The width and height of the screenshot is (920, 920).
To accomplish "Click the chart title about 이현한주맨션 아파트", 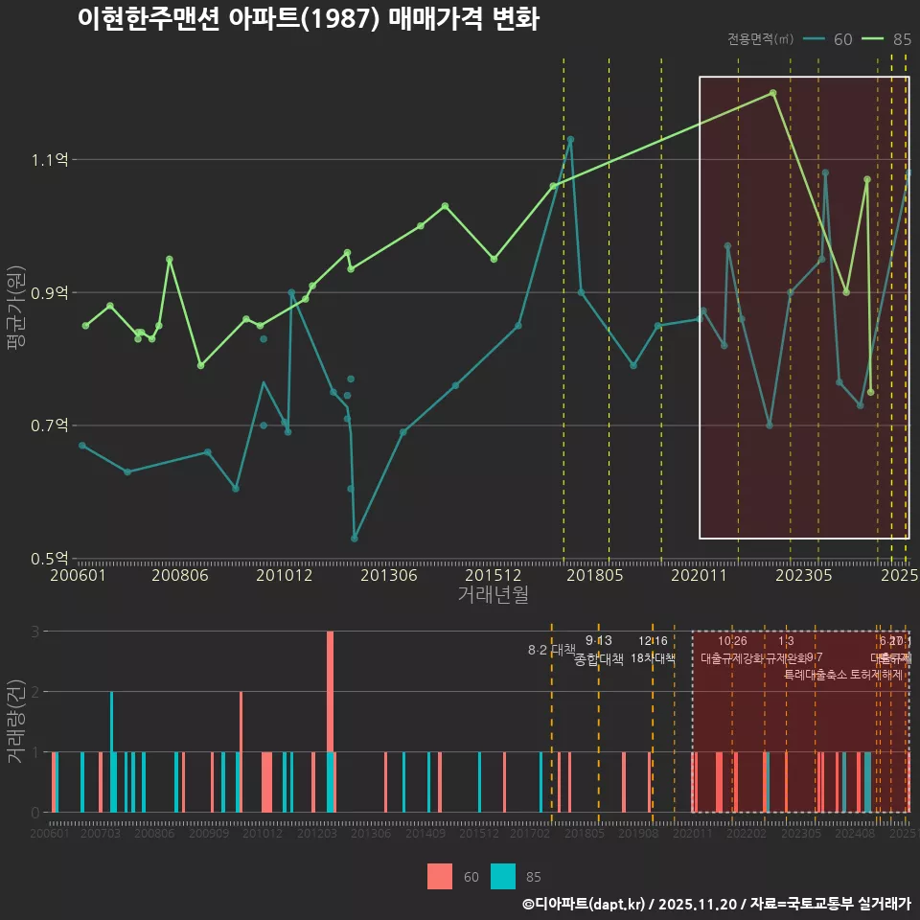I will (x=308, y=20).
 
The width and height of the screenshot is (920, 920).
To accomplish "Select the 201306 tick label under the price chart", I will (x=388, y=575).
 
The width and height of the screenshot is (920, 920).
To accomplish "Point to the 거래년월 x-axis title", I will (x=493, y=595).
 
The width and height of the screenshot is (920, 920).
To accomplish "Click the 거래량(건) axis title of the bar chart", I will (x=16, y=721).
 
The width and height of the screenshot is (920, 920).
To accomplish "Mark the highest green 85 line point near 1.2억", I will (x=772, y=93).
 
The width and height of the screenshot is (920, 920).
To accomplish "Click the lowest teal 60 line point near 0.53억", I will (x=355, y=538).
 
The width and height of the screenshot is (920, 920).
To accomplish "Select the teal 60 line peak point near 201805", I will (x=570, y=139).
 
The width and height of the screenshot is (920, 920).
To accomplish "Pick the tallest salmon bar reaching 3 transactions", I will (x=330, y=721).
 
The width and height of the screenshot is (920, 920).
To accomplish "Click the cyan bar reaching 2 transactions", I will (x=111, y=751).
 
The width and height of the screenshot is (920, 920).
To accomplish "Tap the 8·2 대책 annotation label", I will (x=551, y=650).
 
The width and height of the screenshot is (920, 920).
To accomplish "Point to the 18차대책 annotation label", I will (x=654, y=658).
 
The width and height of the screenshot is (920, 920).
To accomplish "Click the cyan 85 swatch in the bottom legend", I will (x=502, y=876).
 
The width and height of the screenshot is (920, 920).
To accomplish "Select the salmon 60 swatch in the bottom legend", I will (x=440, y=876).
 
